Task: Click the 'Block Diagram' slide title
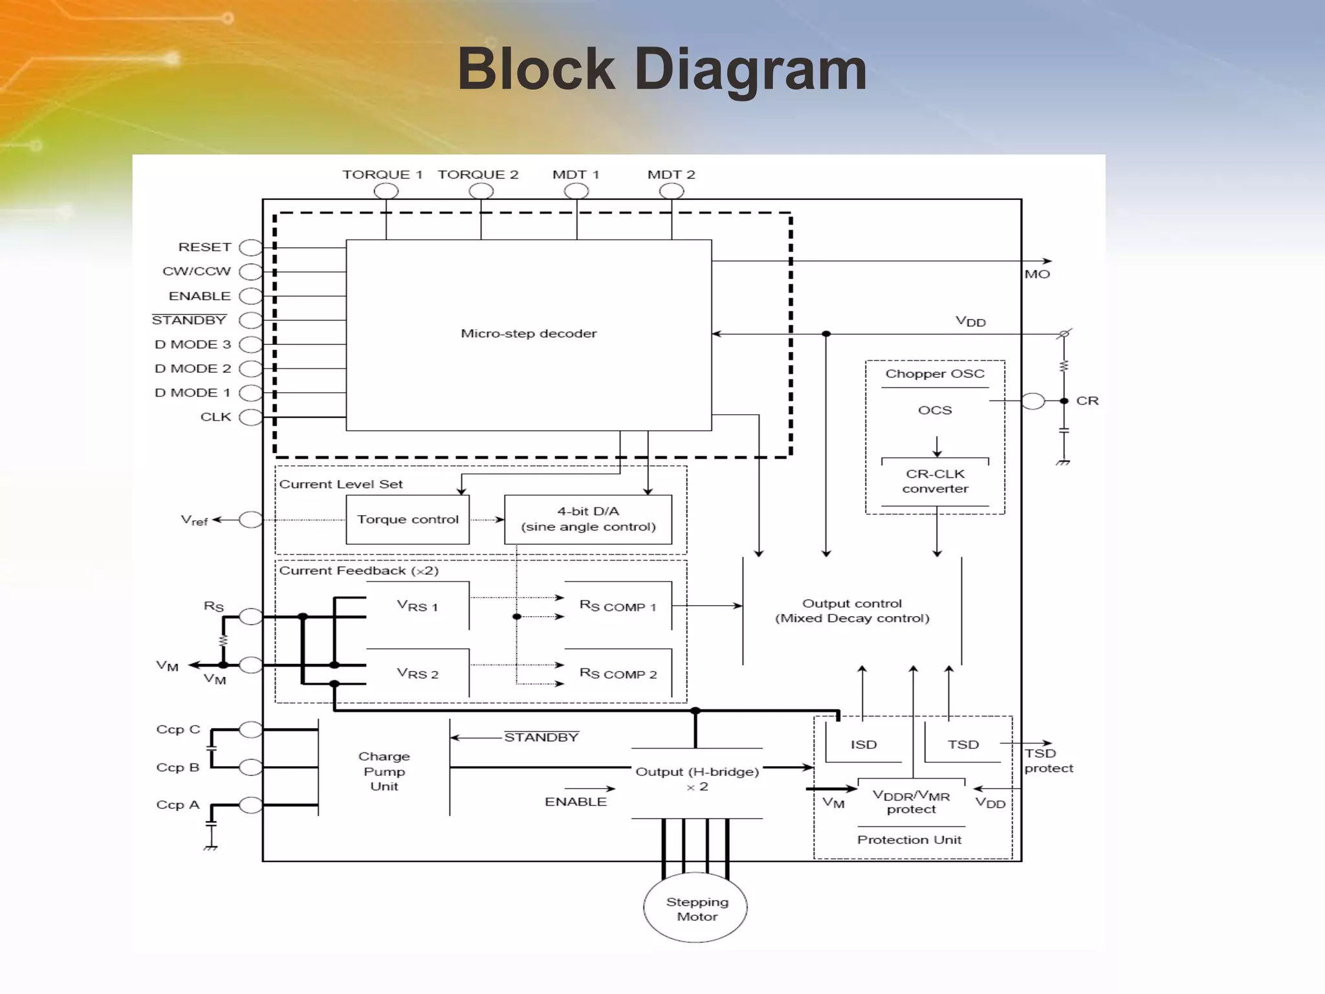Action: pyautogui.click(x=662, y=70)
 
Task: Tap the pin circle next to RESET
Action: pyautogui.click(x=250, y=248)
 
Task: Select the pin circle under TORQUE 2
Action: pyautogui.click(x=481, y=191)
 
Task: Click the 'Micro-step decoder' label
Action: pyautogui.click(x=529, y=334)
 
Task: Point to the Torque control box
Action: pyautogui.click(x=408, y=520)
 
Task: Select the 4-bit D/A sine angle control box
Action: pyautogui.click(x=588, y=520)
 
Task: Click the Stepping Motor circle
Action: pyautogui.click(x=695, y=909)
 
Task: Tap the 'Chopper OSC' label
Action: pyautogui.click(x=935, y=374)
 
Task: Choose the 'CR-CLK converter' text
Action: pyautogui.click(x=935, y=481)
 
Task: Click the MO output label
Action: pyautogui.click(x=1037, y=274)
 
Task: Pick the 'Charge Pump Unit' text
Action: pyautogui.click(x=384, y=771)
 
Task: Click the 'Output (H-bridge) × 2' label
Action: pyautogui.click(x=697, y=779)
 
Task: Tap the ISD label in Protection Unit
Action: pyautogui.click(x=864, y=745)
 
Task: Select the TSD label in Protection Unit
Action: pyautogui.click(x=963, y=745)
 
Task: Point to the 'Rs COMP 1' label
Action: pyautogui.click(x=618, y=606)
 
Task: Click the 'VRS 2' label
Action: pyautogui.click(x=418, y=674)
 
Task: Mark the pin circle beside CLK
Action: pyautogui.click(x=250, y=417)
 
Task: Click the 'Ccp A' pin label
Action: pyautogui.click(x=178, y=805)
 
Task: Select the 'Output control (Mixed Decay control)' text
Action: pyautogui.click(x=852, y=611)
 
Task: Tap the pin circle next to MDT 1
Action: pyautogui.click(x=576, y=191)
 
